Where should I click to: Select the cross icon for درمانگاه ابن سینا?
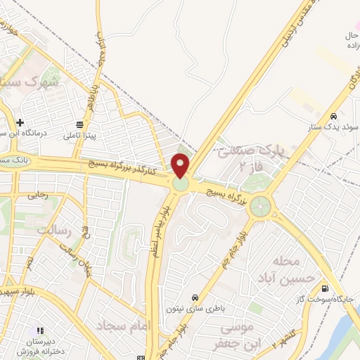point(20,122)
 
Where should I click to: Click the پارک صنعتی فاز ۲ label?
point(250,157)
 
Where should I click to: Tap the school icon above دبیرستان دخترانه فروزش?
point(40,330)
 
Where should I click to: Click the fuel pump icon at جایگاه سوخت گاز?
point(324,288)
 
